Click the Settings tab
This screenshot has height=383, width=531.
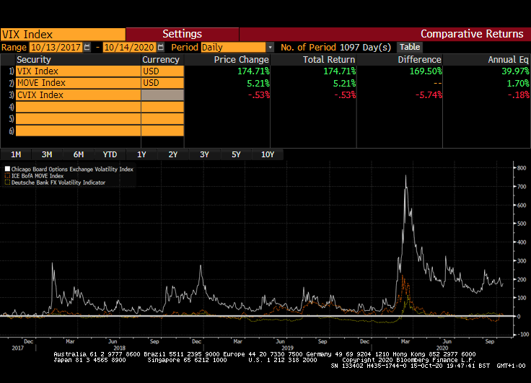click(x=182, y=34)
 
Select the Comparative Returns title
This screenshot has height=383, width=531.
click(x=472, y=34)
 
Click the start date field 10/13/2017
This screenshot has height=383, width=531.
click(x=56, y=47)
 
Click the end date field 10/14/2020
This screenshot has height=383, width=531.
click(x=129, y=47)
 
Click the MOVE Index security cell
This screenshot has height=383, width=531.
click(x=78, y=83)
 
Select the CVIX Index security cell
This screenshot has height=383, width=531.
click(x=78, y=94)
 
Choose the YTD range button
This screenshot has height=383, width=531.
click(x=110, y=154)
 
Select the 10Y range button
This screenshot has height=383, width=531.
click(x=268, y=154)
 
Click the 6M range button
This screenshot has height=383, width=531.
click(x=79, y=154)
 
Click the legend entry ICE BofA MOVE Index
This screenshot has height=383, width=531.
click(x=38, y=175)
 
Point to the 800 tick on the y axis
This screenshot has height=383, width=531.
click(x=521, y=167)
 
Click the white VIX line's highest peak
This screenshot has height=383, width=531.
click(x=405, y=175)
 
